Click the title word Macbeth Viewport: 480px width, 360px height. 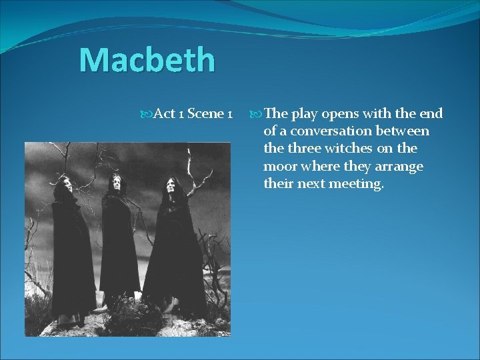tap(147, 60)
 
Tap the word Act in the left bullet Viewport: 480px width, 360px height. tap(164, 114)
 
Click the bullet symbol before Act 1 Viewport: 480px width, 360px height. tap(147, 114)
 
